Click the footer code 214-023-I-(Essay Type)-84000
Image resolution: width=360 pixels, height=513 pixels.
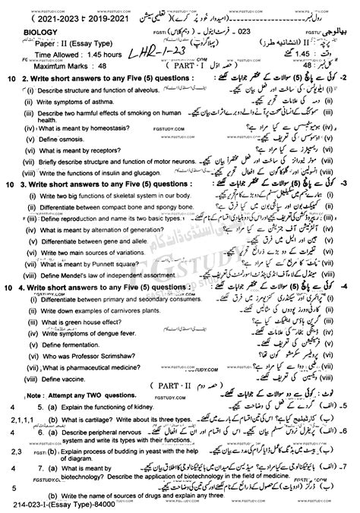pyautogui.click(x=60, y=506)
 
